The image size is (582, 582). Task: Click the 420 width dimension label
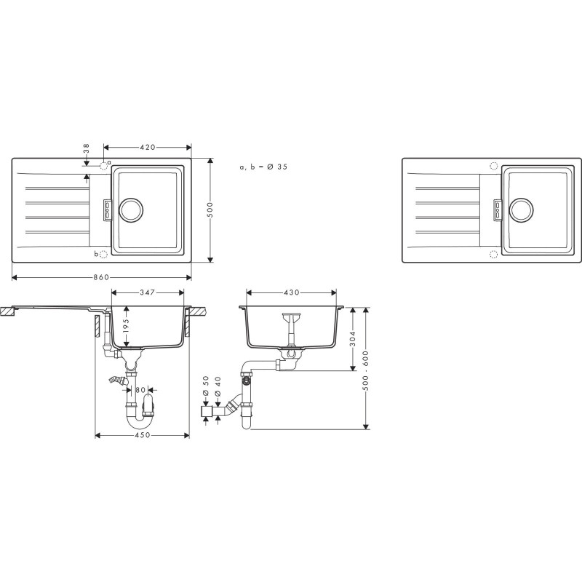148,148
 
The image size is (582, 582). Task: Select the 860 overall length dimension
102,277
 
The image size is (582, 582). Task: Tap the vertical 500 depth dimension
210,210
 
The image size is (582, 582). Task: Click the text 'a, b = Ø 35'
263,167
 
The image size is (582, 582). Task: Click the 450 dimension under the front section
142,435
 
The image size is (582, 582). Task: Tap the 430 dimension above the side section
291,293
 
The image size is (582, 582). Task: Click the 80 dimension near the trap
141,389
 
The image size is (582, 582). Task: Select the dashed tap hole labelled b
103,254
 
